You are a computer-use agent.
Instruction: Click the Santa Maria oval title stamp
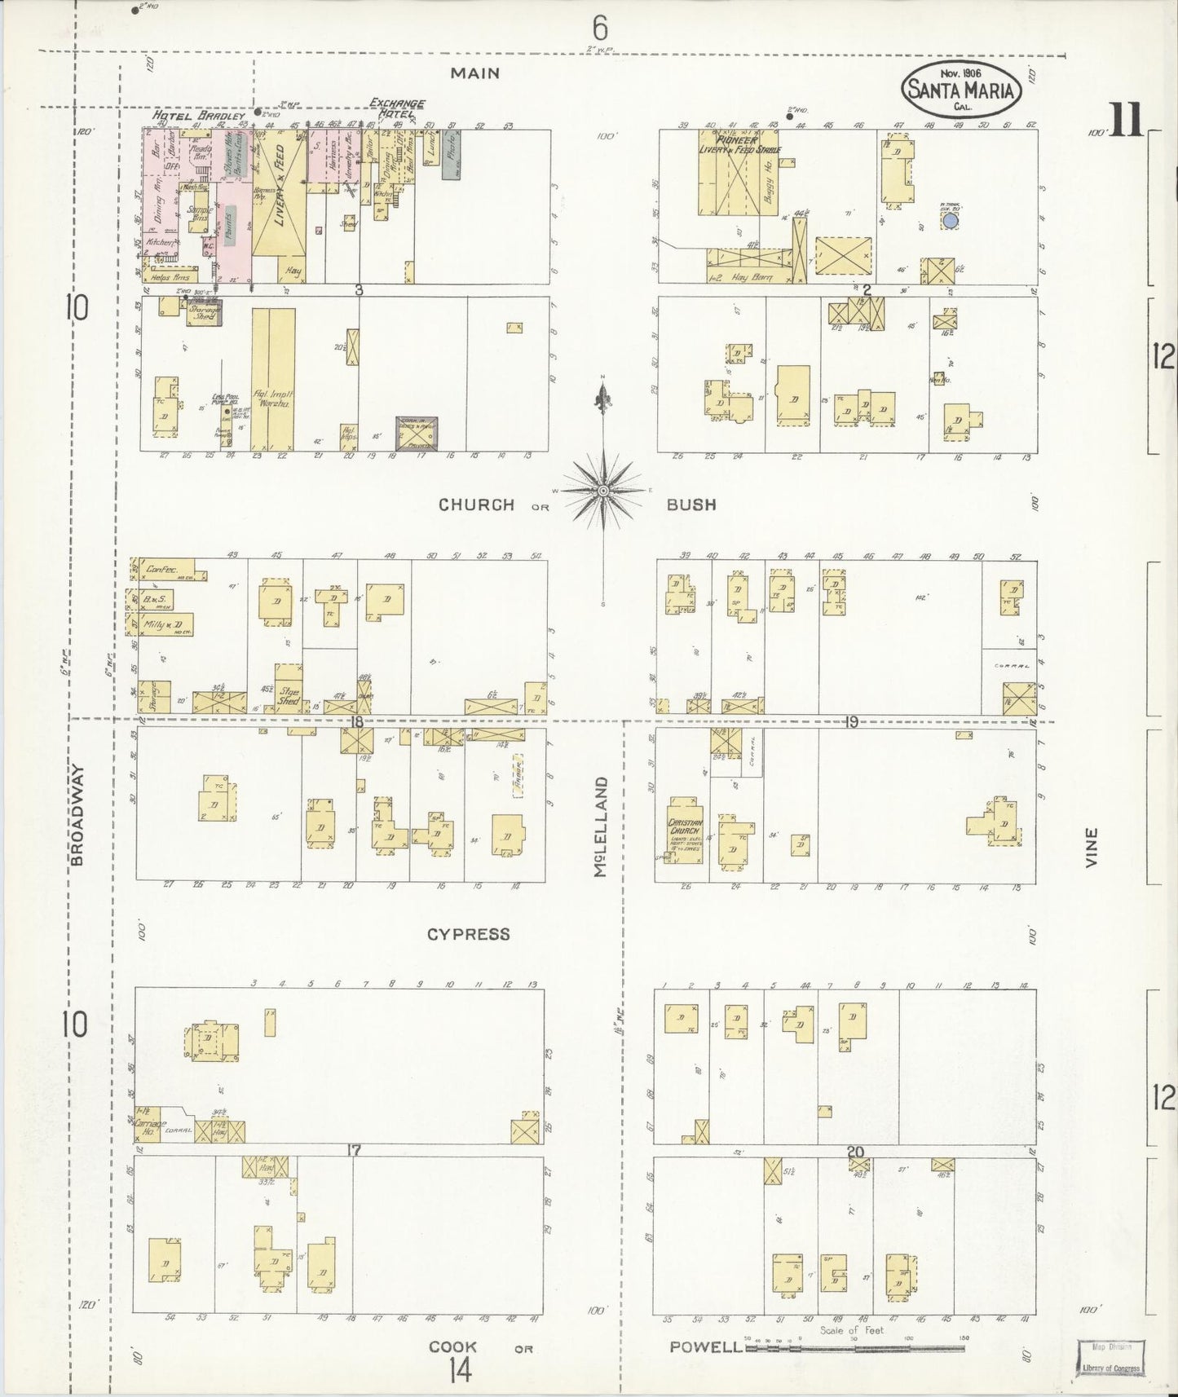[x=961, y=89]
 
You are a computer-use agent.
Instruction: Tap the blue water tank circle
[x=949, y=219]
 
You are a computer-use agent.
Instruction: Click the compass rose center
[x=602, y=490]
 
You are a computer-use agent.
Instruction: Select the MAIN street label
[x=475, y=73]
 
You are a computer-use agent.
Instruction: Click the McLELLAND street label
[x=602, y=826]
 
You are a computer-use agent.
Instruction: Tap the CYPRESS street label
[x=468, y=934]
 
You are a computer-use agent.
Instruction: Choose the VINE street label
[x=1092, y=848]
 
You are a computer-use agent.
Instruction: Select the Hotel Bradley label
[x=199, y=117]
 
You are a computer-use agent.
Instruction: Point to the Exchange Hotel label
[x=397, y=108]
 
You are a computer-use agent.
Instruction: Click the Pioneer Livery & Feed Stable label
[x=739, y=144]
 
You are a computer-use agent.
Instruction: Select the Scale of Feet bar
[x=854, y=1348]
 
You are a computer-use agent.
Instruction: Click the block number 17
[x=353, y=1151]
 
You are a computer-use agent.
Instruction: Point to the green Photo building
[x=452, y=155]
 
